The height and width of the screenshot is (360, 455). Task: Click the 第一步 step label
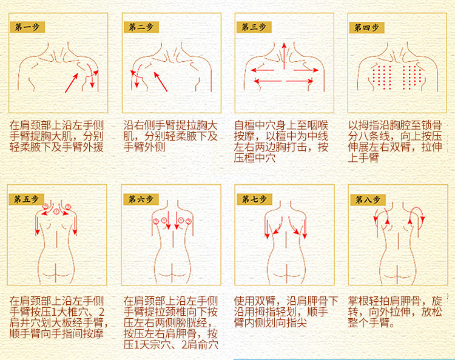[27, 27]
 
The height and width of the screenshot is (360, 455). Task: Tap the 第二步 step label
[141, 27]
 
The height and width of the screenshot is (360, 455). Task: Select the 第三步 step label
[254, 27]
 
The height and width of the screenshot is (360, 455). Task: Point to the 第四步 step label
[367, 27]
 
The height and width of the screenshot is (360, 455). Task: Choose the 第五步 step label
[26, 199]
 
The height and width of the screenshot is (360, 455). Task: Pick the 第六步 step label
[141, 199]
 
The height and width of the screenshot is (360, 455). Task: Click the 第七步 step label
[254, 199]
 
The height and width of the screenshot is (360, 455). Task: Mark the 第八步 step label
[368, 199]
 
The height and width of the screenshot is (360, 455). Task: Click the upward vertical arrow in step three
[284, 56]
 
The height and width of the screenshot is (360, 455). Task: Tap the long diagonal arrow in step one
[72, 83]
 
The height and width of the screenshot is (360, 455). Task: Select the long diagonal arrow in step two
[161, 82]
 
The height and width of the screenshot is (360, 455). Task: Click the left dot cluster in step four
[381, 77]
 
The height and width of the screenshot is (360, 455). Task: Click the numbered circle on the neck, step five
[56, 212]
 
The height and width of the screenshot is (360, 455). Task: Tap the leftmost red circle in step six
[156, 221]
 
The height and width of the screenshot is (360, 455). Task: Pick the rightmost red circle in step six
[189, 221]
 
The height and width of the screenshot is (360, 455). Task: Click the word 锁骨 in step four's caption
[432, 125]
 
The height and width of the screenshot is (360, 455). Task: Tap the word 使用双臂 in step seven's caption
[255, 301]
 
